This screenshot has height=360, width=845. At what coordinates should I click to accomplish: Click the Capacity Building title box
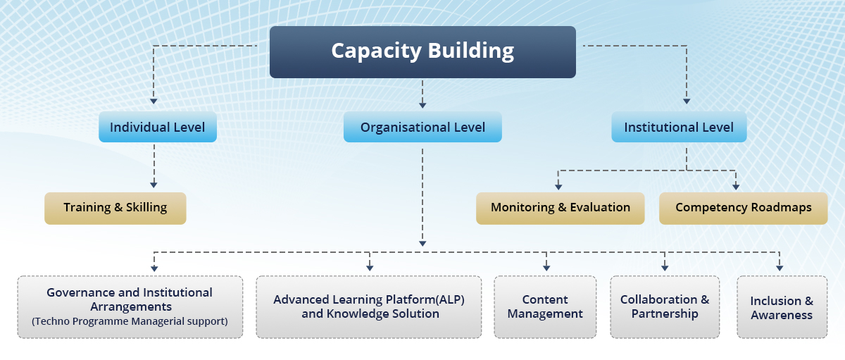[423, 52]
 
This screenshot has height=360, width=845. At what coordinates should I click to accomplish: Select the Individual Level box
[158, 127]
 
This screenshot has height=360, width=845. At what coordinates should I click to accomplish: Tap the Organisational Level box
[423, 127]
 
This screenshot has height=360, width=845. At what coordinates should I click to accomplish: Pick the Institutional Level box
[679, 127]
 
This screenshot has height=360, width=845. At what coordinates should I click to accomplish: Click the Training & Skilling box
[115, 209]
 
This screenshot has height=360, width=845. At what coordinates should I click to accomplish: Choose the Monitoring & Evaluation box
[561, 209]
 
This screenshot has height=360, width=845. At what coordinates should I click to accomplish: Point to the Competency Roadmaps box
[744, 209]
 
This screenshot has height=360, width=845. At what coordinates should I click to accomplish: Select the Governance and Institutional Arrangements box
[130, 306]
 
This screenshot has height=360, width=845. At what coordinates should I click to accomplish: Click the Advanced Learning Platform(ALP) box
[369, 306]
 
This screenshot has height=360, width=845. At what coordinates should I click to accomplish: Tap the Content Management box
[545, 306]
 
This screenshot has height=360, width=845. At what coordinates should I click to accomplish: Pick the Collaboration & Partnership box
[665, 306]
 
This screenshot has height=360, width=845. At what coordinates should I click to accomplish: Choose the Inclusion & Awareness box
[782, 306]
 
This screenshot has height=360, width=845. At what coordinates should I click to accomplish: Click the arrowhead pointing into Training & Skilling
[154, 185]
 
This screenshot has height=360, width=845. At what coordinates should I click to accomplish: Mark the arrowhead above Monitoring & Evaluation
[558, 187]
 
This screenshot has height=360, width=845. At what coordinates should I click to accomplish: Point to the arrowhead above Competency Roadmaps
[736, 187]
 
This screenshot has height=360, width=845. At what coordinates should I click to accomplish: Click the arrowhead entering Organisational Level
[423, 105]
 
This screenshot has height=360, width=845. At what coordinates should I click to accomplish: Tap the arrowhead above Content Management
[546, 268]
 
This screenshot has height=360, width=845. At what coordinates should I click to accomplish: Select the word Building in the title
[471, 51]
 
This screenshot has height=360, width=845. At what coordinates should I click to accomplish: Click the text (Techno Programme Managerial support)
[130, 321]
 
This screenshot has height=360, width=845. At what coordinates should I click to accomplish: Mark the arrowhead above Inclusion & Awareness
[780, 268]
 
